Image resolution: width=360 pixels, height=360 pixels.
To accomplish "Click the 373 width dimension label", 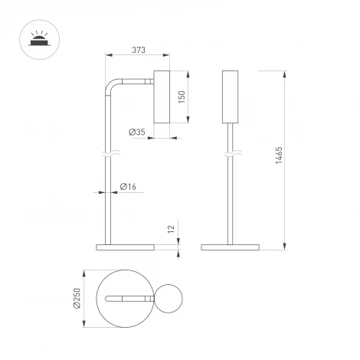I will [x=139, y=51].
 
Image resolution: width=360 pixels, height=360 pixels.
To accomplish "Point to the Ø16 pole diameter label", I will [x=129, y=187].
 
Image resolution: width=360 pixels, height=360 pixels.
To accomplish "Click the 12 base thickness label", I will [x=172, y=229].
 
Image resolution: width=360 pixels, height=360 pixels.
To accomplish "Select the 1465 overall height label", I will [x=280, y=158].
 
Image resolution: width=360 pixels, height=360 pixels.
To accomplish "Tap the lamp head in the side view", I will [x=163, y=96].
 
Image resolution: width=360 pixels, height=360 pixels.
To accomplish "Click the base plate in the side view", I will [x=125, y=247].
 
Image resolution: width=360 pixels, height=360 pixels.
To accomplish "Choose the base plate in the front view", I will [x=231, y=247].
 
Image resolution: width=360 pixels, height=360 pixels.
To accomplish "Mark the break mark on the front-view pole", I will [x=231, y=155].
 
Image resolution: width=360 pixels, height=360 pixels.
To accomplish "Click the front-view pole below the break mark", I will [x=231, y=203].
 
